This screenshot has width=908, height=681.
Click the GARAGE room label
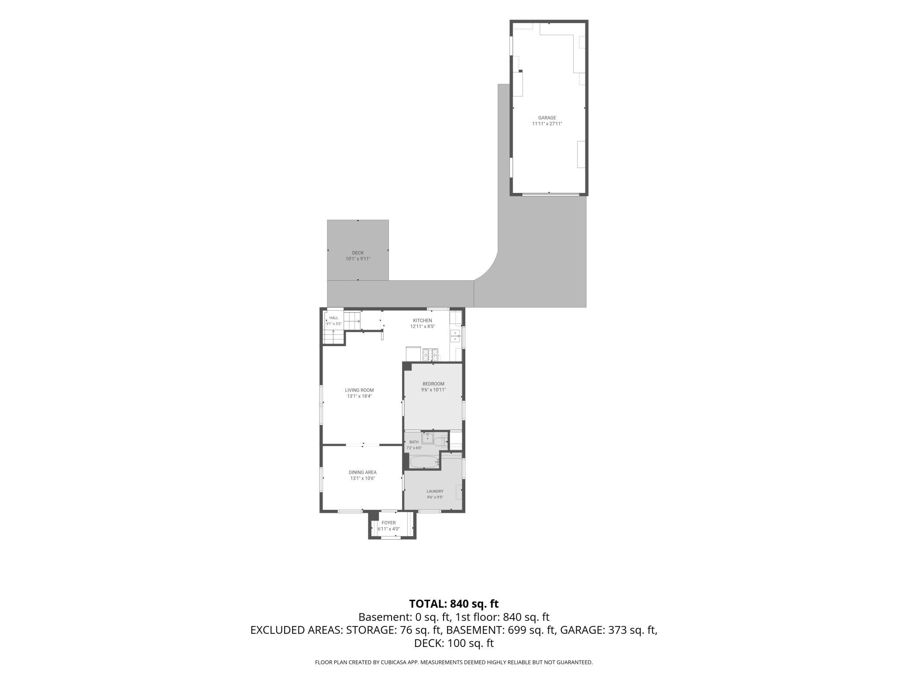point(547,118)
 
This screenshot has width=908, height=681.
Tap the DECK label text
point(358,253)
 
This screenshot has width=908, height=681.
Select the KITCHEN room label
point(423,320)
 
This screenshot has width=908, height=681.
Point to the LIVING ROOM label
point(359,390)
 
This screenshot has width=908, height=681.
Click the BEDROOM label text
point(433,384)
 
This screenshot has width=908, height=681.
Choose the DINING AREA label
point(362,472)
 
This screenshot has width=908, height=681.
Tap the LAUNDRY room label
point(435,491)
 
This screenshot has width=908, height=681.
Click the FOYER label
point(389,523)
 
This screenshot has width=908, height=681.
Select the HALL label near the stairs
point(334,318)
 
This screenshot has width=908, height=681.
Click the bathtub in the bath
point(424,462)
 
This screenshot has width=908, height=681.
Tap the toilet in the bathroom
point(441,442)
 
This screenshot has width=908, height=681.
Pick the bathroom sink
point(427,438)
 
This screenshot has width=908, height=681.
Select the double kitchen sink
point(455,336)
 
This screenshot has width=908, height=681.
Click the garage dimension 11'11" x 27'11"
point(547,124)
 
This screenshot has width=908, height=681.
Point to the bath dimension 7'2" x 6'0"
point(414,448)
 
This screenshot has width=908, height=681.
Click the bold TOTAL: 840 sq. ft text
point(454,604)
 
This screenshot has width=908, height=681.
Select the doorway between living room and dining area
point(363,445)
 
